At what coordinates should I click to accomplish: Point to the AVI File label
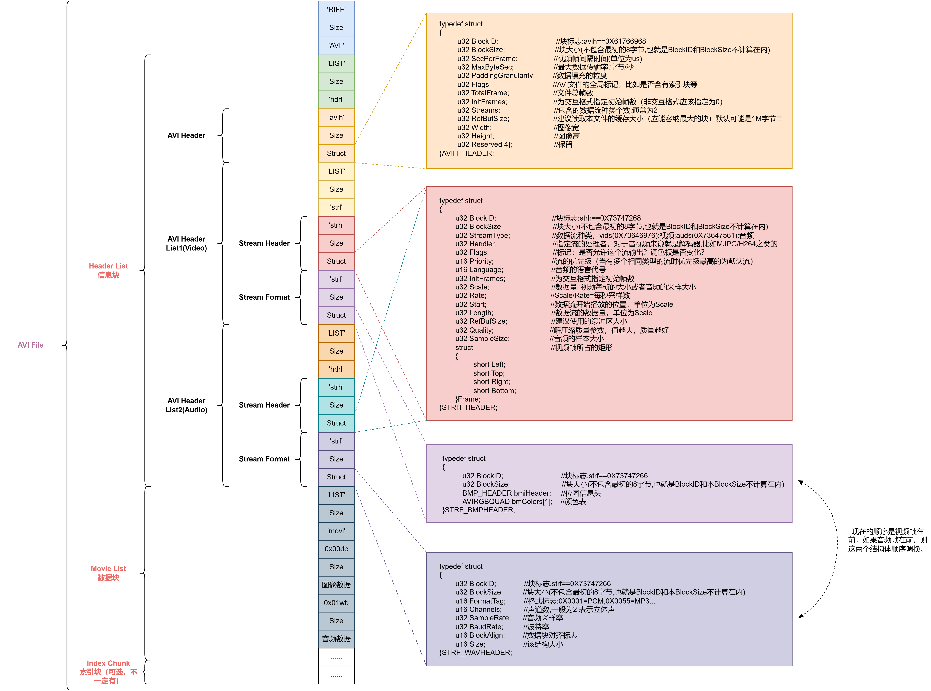pyautogui.click(x=31, y=345)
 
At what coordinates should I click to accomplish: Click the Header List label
pyautogui.click(x=108, y=266)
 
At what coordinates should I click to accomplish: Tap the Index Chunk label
pyautogui.click(x=108, y=663)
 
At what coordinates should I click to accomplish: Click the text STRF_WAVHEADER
pyautogui.click(x=477, y=652)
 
